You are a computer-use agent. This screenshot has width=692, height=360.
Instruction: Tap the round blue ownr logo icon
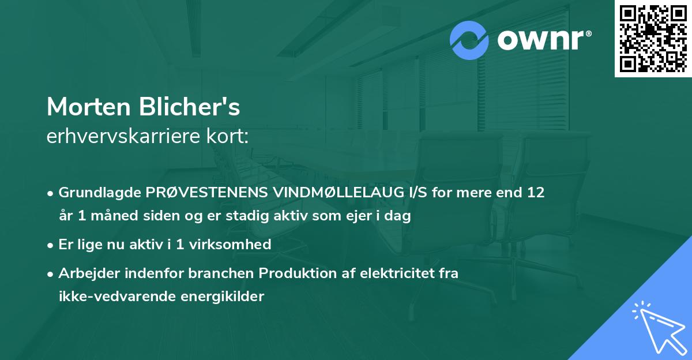[x=469, y=40]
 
